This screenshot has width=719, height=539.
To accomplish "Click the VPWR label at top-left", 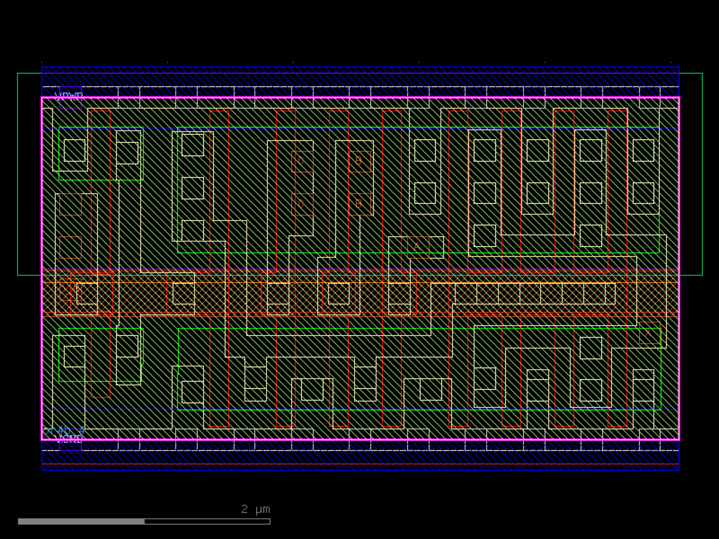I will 68,96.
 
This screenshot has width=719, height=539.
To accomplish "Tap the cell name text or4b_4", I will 63,430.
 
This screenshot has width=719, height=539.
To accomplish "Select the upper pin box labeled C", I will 302,161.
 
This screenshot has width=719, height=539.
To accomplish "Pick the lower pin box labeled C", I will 302,204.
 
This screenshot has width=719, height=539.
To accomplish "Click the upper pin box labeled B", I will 359,161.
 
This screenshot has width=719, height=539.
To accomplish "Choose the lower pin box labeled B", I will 359,204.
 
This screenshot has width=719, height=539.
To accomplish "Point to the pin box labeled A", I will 418,247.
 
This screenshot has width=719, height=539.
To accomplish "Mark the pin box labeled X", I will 649,333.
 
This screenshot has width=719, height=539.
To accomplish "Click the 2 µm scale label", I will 255,509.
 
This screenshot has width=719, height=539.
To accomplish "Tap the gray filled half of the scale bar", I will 81,521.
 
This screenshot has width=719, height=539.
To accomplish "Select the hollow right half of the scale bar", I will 207,521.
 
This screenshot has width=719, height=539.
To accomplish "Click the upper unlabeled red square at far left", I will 70,204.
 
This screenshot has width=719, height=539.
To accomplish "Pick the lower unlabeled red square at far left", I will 70,247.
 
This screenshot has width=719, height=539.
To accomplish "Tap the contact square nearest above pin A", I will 425,193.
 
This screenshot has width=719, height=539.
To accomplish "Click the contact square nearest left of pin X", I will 591,348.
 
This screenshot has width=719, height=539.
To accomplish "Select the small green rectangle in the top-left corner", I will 101,154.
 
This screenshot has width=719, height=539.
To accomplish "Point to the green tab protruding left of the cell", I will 29,174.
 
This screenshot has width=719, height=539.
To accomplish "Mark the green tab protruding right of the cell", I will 691,174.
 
